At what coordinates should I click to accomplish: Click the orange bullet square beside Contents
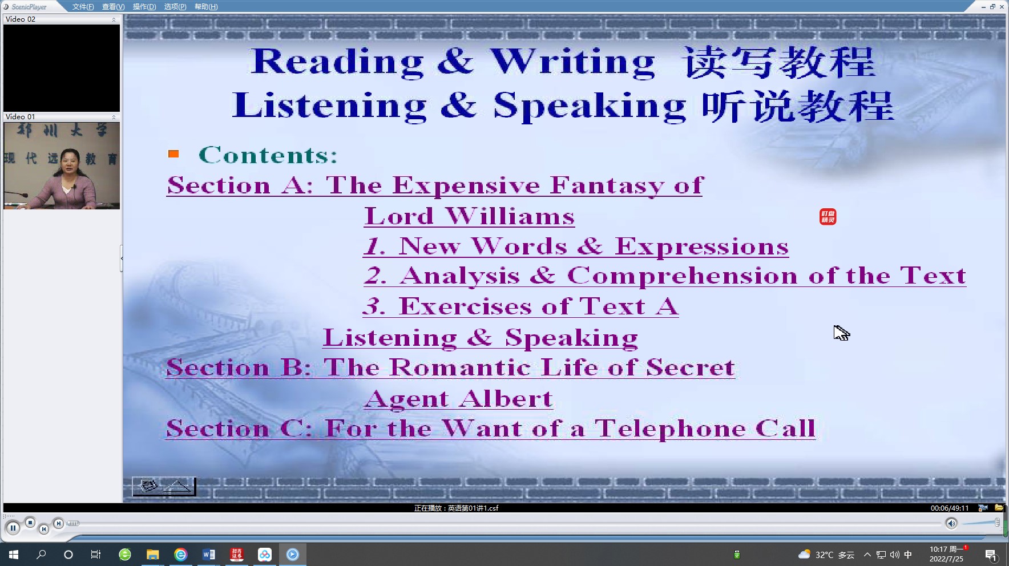(x=173, y=153)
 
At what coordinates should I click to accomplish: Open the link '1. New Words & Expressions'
(x=576, y=246)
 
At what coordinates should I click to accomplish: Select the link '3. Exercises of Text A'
(x=521, y=306)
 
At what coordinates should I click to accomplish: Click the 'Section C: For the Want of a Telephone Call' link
(x=491, y=428)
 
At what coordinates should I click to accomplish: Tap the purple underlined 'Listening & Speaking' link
(x=481, y=338)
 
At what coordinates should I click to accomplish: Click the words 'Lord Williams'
(x=470, y=216)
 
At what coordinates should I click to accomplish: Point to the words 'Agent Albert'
(x=459, y=399)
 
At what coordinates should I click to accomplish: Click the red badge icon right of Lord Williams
(x=828, y=217)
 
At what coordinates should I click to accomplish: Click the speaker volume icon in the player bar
(x=951, y=523)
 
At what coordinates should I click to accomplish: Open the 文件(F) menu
(x=83, y=7)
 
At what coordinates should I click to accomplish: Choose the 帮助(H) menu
(x=206, y=7)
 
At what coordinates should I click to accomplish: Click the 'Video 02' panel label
(x=21, y=19)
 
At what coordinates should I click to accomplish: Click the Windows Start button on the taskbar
(x=14, y=554)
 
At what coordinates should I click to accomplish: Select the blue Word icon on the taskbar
(x=208, y=554)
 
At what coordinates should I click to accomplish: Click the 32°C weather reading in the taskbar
(x=824, y=555)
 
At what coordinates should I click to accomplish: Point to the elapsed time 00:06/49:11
(x=950, y=508)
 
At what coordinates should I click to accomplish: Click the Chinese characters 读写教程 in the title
(x=779, y=62)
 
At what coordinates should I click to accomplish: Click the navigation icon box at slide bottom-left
(x=164, y=487)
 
